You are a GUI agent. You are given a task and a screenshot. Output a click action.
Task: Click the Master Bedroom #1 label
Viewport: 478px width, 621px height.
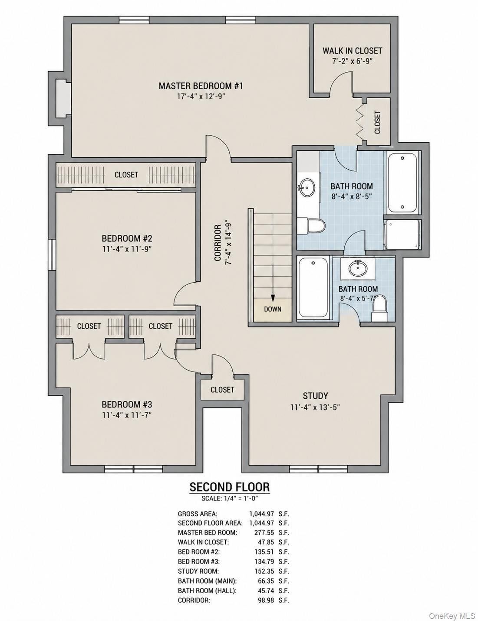[x=201, y=86]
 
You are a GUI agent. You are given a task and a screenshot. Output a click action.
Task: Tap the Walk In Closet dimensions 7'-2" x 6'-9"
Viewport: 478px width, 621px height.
[x=352, y=61]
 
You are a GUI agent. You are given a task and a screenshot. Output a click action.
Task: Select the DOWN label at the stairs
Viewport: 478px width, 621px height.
[x=273, y=309]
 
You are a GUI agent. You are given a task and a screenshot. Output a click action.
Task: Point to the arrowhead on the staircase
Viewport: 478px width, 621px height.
[x=273, y=298]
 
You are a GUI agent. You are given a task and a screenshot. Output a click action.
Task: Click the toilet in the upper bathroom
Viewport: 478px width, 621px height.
[x=311, y=226]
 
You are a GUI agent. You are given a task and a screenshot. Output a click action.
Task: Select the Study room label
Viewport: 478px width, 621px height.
[x=315, y=396]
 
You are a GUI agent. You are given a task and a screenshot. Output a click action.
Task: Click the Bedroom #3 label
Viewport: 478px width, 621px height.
[x=127, y=404]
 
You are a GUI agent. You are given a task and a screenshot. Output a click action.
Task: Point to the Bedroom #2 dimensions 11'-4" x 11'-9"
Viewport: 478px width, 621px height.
[x=127, y=249]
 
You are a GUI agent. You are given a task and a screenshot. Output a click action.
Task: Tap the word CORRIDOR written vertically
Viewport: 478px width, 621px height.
[x=218, y=243]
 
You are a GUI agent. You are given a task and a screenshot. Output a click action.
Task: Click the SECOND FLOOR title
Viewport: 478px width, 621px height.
[x=230, y=487]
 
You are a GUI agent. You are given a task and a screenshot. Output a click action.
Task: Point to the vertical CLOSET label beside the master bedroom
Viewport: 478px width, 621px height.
[x=377, y=122]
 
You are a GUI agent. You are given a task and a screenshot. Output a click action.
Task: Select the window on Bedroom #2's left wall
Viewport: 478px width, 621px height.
[x=52, y=255]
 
